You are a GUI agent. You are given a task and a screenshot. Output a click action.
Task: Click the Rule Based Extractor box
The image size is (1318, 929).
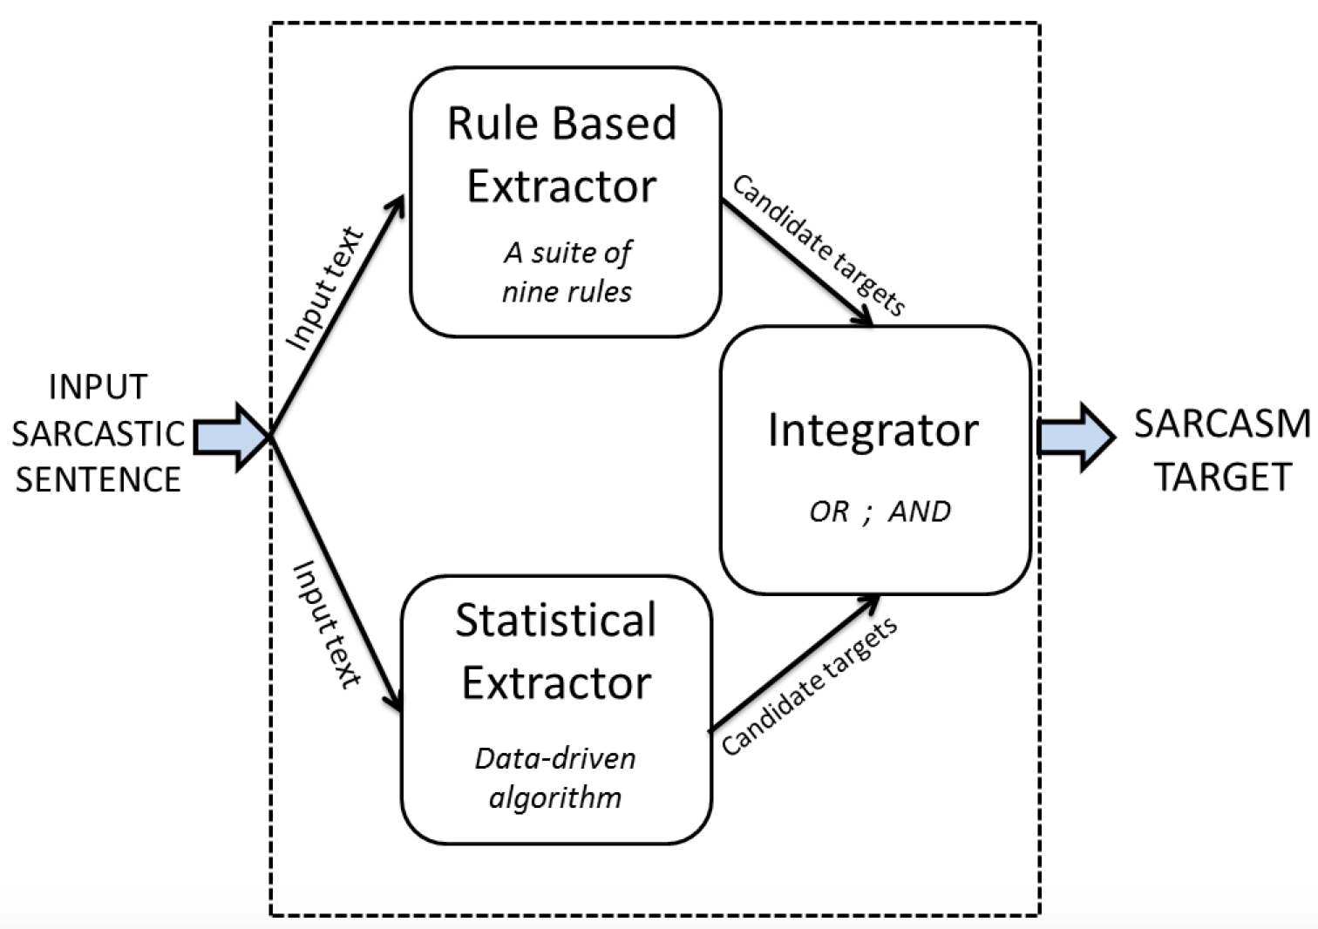(x=566, y=202)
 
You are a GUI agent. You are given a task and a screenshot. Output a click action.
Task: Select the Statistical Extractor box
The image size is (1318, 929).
(x=557, y=709)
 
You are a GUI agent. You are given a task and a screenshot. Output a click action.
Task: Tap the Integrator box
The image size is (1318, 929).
(x=875, y=460)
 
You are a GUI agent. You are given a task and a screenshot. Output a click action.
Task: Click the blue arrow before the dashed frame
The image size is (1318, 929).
(x=231, y=437)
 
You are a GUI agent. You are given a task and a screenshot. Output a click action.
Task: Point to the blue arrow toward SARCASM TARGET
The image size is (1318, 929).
(x=1076, y=437)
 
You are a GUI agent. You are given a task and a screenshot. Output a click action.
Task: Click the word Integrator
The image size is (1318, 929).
(x=873, y=431)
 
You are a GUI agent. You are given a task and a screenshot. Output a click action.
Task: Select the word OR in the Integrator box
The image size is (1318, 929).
(x=829, y=512)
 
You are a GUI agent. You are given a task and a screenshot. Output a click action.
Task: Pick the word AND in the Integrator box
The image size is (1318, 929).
(x=920, y=512)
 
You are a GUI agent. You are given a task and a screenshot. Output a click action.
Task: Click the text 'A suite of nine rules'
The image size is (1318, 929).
(x=567, y=272)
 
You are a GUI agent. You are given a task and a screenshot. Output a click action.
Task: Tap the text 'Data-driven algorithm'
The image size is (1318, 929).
(x=555, y=778)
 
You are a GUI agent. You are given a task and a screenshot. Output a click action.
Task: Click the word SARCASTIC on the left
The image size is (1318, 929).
(x=99, y=434)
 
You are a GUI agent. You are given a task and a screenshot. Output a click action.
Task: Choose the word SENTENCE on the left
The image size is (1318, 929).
(x=99, y=479)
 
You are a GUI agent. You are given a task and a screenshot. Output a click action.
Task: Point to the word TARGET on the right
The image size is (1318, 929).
(x=1225, y=477)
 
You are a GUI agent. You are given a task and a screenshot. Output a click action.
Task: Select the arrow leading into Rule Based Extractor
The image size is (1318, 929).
(x=336, y=316)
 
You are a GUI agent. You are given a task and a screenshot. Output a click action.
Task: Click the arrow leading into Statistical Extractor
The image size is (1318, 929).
(x=336, y=574)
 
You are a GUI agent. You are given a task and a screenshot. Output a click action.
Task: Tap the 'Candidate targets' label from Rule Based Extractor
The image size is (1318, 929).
(x=818, y=245)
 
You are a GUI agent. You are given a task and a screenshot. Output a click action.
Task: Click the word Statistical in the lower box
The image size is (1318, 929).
(x=556, y=620)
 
